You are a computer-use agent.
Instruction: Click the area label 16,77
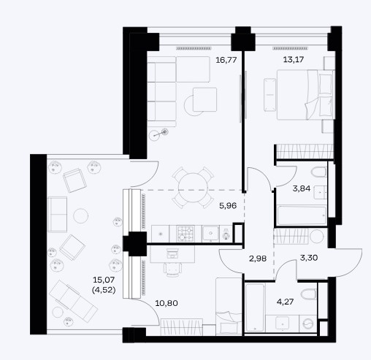(x=226, y=60)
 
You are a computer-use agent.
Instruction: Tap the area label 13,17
(x=294, y=59)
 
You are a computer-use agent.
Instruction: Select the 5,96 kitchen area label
(x=228, y=206)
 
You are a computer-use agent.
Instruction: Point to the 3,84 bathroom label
(x=302, y=188)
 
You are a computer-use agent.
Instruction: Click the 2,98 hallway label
(x=258, y=258)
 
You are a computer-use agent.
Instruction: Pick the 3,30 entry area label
(x=309, y=258)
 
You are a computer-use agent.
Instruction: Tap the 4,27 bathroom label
(x=286, y=302)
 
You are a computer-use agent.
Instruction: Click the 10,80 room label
(x=167, y=303)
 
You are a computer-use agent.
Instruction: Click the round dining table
(x=193, y=188)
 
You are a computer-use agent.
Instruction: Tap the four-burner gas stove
(x=185, y=234)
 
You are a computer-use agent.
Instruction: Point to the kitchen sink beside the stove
(x=210, y=234)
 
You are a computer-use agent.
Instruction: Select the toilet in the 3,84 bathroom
(x=318, y=172)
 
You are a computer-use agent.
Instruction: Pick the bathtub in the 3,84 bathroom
(x=302, y=215)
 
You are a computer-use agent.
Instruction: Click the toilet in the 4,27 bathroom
(x=309, y=294)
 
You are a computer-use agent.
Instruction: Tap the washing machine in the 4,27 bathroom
(x=307, y=323)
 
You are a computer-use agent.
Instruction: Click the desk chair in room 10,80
(x=172, y=269)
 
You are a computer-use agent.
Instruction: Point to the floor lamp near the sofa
(x=158, y=134)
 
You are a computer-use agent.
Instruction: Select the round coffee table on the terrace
(x=80, y=215)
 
